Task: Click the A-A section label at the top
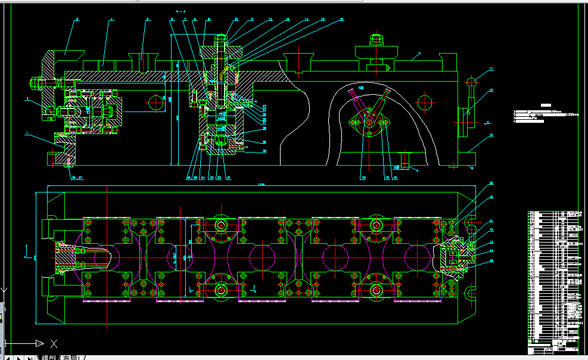181,11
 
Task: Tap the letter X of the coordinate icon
54,343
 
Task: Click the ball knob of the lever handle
471,82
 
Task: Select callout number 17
491,70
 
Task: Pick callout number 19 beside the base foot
491,135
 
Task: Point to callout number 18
491,91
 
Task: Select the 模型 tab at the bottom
48,358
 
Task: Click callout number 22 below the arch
362,177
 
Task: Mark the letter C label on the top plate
419,54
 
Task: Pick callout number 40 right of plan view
491,197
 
